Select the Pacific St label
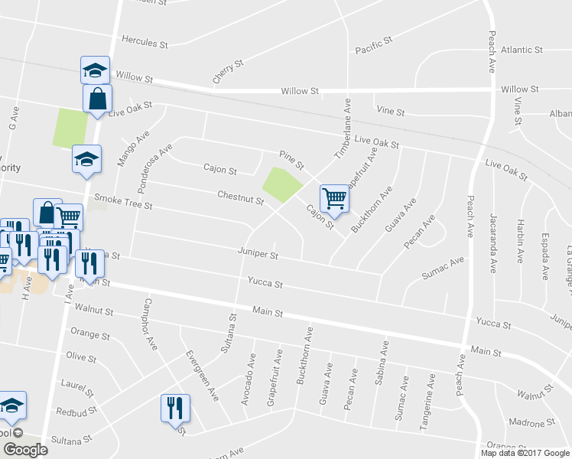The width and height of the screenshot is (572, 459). (x=373, y=50)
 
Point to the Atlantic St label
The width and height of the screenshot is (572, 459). (x=522, y=50)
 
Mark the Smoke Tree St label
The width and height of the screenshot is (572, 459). (x=123, y=206)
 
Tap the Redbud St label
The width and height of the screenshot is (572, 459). (x=76, y=411)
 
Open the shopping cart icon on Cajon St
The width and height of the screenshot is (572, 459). (x=335, y=199)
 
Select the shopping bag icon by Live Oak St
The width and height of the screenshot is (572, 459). (x=97, y=99)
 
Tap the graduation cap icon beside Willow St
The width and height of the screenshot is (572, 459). (x=95, y=70)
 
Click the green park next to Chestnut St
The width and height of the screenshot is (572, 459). (x=281, y=184)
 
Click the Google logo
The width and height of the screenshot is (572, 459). (x=24, y=450)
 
